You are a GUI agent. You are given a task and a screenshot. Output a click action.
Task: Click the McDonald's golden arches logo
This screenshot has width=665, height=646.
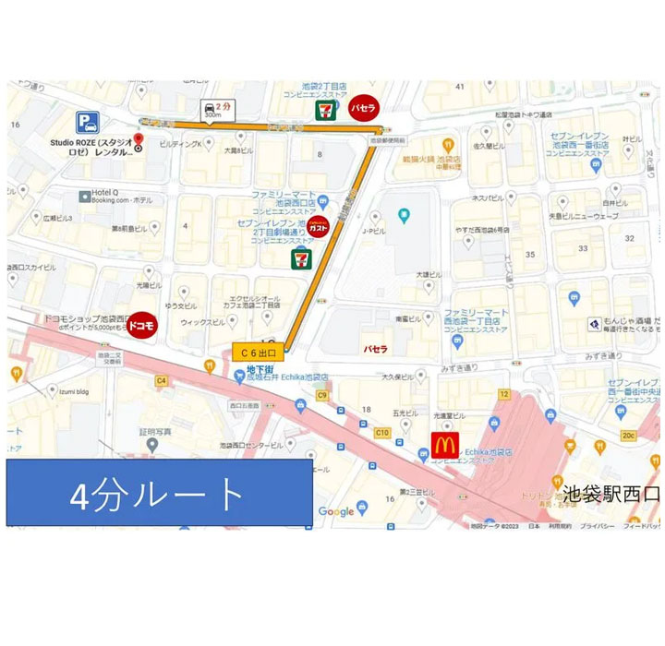(443, 446)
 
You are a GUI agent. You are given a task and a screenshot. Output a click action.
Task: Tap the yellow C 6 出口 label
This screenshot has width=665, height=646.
(258, 352)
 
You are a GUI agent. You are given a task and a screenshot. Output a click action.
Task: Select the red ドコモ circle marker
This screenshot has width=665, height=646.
(142, 325)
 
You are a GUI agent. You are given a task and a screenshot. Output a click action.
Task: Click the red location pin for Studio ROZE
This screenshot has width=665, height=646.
(139, 141)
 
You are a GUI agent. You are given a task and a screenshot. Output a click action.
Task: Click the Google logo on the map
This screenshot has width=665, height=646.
(336, 511)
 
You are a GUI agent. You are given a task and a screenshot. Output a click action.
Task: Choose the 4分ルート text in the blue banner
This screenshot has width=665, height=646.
(158, 493)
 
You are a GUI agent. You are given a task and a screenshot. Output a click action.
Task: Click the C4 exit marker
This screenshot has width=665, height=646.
(161, 380)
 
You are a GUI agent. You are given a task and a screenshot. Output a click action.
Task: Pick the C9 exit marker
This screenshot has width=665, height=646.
(322, 396)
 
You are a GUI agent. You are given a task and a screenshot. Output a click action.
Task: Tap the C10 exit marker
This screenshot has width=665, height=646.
(381, 432)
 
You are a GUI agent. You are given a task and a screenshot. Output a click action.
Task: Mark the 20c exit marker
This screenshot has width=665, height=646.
(629, 436)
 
